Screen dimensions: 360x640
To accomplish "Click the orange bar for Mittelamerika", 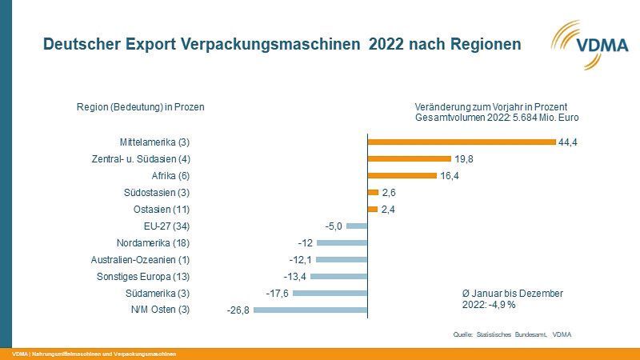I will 461,142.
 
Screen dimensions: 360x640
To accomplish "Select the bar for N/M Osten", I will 310,310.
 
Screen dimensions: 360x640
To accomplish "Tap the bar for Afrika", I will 402,176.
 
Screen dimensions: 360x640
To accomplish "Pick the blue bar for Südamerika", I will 330,293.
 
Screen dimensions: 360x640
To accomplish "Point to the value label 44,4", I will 569,142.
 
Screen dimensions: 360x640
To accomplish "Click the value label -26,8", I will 238,310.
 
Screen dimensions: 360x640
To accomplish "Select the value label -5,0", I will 334,226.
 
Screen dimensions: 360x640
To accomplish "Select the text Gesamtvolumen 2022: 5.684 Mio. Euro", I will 497,118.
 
